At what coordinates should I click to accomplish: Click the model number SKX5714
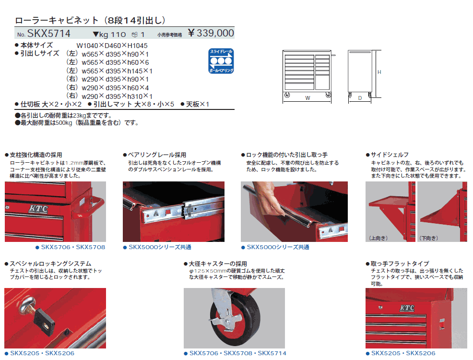49,34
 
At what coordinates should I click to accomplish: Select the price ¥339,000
211,33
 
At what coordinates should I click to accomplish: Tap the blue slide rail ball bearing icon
221,61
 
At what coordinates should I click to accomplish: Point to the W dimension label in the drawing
307,98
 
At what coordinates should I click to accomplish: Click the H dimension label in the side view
379,72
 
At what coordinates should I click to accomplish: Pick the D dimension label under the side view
360,98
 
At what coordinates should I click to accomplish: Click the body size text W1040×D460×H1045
112,46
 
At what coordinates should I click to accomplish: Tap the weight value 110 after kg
118,35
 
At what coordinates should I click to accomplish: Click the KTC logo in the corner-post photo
38,209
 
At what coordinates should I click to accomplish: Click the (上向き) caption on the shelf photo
378,238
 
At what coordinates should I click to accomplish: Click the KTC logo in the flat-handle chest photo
407,308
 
